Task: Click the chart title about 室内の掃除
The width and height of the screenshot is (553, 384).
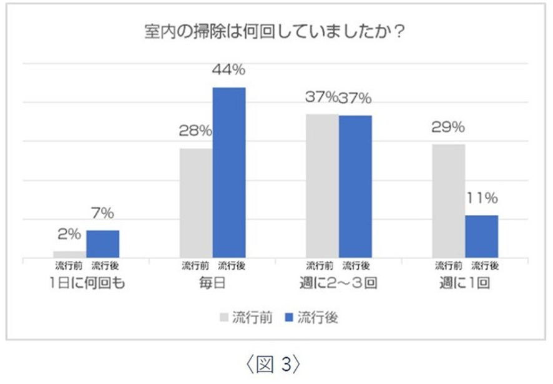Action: tap(276, 32)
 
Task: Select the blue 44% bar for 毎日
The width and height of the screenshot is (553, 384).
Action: tap(229, 172)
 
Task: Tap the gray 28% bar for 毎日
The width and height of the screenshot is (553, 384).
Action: tap(196, 203)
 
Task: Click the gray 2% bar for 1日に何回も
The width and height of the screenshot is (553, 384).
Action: tap(70, 254)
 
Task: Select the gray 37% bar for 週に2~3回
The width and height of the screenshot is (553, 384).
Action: tap(323, 186)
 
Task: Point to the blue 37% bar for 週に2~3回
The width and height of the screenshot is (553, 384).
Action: tap(355, 187)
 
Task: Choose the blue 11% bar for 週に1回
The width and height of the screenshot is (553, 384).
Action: tap(481, 237)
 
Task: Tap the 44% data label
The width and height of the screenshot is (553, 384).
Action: tap(228, 70)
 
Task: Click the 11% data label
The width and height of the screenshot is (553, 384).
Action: tap(482, 199)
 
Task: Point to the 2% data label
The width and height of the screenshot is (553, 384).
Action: tap(69, 235)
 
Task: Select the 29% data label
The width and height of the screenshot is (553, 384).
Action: tap(449, 127)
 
